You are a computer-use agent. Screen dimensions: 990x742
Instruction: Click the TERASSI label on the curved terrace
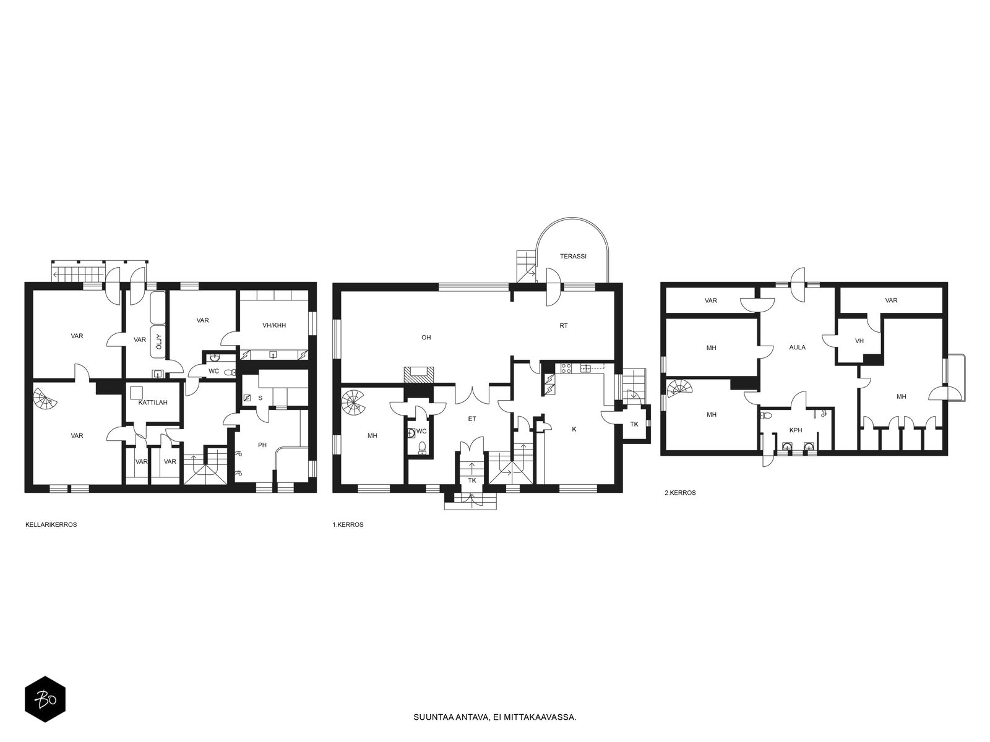tap(573, 257)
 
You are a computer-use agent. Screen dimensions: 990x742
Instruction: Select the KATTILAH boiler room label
tap(153, 403)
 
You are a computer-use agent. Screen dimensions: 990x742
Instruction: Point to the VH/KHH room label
tap(274, 325)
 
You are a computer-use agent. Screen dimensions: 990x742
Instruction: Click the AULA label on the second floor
tap(798, 348)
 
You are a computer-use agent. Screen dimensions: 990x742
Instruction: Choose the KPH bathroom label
tap(796, 430)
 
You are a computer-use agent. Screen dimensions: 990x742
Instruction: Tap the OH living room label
tap(426, 338)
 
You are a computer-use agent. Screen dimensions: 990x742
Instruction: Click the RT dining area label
tap(563, 325)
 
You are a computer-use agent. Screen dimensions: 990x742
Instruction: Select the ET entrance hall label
tap(471, 419)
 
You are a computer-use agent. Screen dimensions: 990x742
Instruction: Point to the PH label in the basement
tap(262, 445)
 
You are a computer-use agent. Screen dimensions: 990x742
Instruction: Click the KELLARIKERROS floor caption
tap(51, 525)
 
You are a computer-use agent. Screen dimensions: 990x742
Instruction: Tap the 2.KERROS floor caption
tap(680, 493)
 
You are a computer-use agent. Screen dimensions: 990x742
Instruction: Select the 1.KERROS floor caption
tap(348, 525)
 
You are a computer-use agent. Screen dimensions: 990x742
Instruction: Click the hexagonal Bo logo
tap(45, 699)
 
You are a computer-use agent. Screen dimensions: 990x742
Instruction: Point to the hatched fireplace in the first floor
tap(419, 375)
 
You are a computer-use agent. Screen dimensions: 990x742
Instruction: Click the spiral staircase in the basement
tap(44, 399)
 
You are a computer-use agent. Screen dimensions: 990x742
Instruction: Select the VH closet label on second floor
tap(859, 341)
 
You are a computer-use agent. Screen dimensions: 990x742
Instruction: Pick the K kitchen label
tap(574, 429)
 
